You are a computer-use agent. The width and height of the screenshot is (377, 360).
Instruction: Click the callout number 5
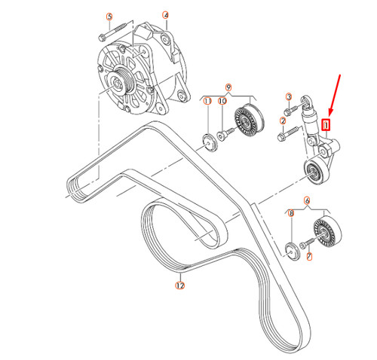click(x=109, y=16)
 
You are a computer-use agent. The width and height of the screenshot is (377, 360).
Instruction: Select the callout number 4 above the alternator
click(x=165, y=14)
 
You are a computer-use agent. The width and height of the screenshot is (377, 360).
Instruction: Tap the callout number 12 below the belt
click(x=179, y=285)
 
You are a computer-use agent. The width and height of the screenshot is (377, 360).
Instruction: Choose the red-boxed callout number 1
click(x=326, y=125)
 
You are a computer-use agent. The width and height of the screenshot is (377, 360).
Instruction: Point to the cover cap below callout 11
click(x=207, y=139)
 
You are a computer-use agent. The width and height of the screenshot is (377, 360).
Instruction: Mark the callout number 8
click(x=291, y=215)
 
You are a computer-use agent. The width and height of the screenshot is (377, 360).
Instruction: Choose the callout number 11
click(x=208, y=101)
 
